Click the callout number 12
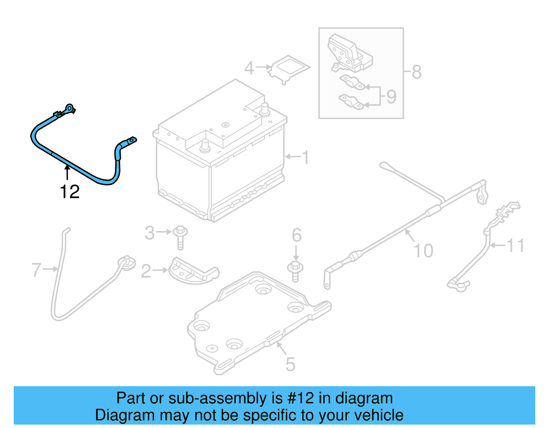[70, 192]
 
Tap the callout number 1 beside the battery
[305, 157]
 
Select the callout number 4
[249, 68]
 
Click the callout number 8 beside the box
[416, 72]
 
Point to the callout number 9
[391, 97]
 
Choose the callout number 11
[515, 245]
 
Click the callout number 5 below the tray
[290, 364]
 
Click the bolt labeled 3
[180, 236]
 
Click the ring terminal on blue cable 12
[70, 109]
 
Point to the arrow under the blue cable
[67, 172]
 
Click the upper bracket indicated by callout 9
[352, 83]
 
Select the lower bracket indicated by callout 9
[351, 102]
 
